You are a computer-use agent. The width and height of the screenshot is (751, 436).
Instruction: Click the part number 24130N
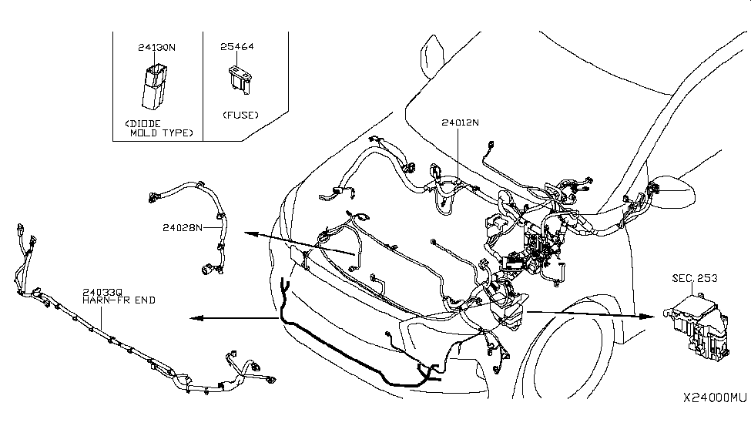[156, 47]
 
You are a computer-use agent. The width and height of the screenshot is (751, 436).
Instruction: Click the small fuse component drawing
[237, 79]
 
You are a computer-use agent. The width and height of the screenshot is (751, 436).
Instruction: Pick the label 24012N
[461, 122]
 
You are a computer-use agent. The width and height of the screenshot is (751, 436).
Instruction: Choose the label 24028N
[183, 228]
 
